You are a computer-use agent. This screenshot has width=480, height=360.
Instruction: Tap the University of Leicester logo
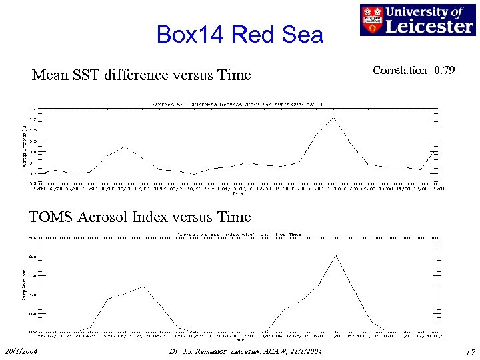tap(417, 20)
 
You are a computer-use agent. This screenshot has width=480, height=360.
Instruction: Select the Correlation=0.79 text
tap(414, 70)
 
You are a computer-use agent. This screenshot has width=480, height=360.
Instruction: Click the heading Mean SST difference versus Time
tap(141, 75)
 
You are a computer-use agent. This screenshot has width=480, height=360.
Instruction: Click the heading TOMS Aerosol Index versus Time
tap(139, 217)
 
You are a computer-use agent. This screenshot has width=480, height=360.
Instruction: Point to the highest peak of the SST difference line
tap(333, 117)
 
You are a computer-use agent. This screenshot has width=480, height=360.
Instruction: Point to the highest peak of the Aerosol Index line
tap(336, 255)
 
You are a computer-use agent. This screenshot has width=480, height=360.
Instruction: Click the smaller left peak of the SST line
tap(125, 146)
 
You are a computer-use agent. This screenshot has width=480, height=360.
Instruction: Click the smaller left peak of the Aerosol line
tap(142, 287)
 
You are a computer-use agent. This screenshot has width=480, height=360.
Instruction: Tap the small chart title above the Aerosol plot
tap(238, 235)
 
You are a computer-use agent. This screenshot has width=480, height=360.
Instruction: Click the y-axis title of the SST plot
tap(24, 143)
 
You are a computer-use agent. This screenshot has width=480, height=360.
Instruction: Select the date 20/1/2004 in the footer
tap(21, 351)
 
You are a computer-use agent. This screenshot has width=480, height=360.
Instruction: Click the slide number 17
tap(469, 351)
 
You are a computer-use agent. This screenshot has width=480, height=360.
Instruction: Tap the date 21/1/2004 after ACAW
tap(303, 351)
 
